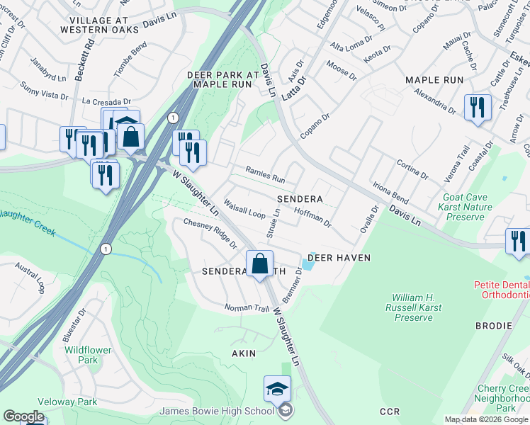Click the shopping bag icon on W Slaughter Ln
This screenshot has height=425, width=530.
tap(260, 263)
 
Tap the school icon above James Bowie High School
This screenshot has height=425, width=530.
tap(277, 388)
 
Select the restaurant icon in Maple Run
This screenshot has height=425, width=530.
tap(478, 108)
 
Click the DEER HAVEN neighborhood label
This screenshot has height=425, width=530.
tap(340, 258)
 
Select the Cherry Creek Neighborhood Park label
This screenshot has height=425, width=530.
tap(503, 399)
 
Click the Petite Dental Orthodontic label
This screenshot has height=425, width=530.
tap(502, 290)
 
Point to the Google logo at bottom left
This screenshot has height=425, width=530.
tap(23, 416)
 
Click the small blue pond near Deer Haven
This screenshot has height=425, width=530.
tap(307, 264)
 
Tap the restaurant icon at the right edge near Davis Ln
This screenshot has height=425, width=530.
tap(518, 241)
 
